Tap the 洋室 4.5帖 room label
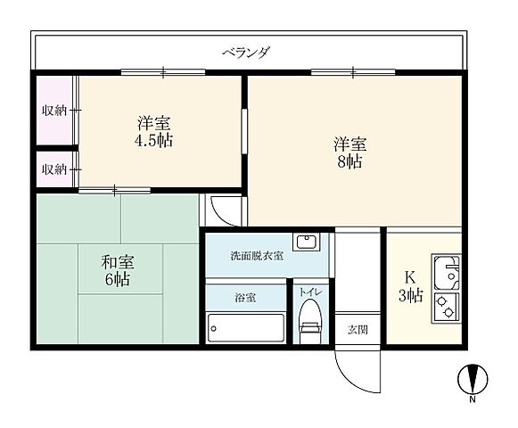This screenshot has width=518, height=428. [154, 131]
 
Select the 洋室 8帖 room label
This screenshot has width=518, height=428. [350, 153]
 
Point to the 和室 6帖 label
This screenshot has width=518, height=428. [116, 270]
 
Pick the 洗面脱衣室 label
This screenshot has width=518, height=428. [257, 256]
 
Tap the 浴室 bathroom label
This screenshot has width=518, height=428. [245, 298]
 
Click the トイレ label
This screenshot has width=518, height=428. [310, 292]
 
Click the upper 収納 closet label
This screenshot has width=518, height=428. [54, 111]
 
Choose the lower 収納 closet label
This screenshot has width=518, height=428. [54, 169]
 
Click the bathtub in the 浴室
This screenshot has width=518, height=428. [245, 327]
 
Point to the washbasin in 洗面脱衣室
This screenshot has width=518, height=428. [308, 242]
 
